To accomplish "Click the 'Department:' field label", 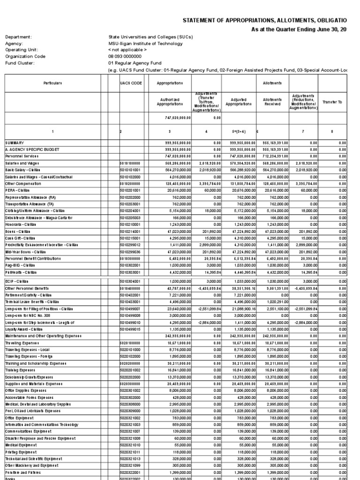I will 18,37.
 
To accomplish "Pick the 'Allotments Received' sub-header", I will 271,102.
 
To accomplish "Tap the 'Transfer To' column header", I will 333,102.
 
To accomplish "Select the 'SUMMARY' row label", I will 15,142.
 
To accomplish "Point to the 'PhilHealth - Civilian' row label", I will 21,272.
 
